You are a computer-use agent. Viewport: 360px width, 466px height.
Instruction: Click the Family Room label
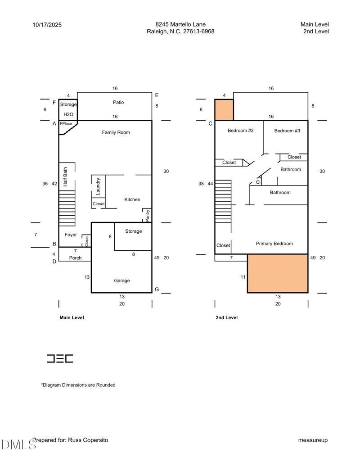[116, 132]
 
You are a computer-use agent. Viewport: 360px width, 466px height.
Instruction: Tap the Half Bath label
[65, 177]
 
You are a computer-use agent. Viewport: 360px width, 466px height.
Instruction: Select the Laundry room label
[98, 186]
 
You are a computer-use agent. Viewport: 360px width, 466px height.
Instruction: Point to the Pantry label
[147, 215]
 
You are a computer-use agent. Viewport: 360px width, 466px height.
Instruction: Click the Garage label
[121, 281]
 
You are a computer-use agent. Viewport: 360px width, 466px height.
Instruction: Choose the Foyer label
[71, 235]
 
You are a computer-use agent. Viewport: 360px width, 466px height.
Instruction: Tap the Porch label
[75, 258]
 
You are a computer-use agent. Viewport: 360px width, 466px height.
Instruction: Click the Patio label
[118, 102]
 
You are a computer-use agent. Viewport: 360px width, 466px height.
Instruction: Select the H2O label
[68, 114]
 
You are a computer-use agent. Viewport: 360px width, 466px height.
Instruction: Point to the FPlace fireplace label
[66, 123]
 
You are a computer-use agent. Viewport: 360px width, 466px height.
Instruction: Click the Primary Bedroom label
[274, 244]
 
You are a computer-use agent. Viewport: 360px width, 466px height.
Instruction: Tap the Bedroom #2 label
[241, 131]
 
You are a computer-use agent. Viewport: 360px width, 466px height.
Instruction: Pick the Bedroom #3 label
[287, 131]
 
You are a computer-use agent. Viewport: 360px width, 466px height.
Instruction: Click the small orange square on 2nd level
[224, 110]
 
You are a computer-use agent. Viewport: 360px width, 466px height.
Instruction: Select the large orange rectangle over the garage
[278, 273]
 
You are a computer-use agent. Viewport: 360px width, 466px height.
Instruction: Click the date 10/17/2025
[47, 25]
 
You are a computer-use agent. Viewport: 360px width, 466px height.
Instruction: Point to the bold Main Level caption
[72, 317]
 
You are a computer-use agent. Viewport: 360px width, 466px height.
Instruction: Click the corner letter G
[157, 290]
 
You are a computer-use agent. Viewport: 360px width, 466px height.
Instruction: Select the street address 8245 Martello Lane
[180, 24]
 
